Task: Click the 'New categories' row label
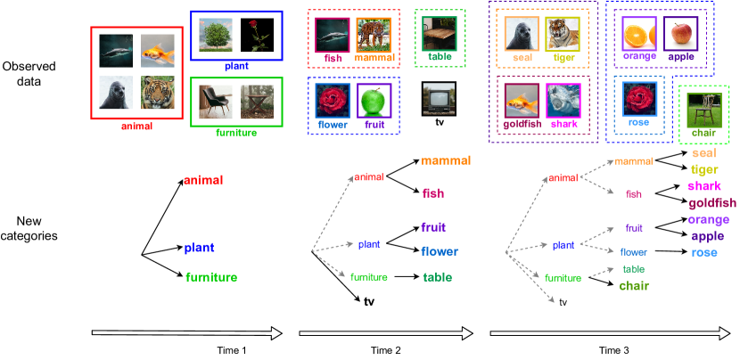tap(29, 228)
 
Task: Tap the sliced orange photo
tap(639, 33)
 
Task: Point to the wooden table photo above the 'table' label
tap(440, 32)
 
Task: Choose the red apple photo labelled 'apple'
tap(681, 33)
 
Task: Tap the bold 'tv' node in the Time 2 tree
tap(370, 302)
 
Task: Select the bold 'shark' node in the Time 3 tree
tap(702, 186)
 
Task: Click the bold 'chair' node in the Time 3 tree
tap(635, 285)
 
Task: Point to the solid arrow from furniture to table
tap(406, 277)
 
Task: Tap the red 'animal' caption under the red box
tap(136, 127)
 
